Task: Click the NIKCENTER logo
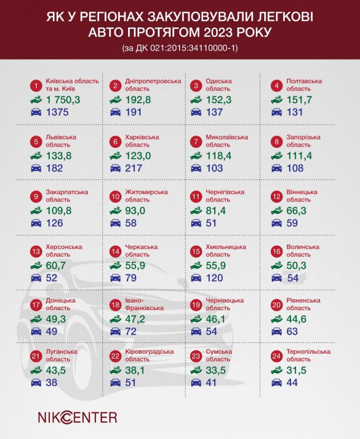[x=77, y=417]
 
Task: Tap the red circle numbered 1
[x=35, y=86]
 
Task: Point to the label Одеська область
[x=218, y=84]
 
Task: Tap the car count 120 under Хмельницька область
[x=214, y=278]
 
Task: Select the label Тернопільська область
[x=308, y=356]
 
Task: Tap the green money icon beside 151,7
[x=277, y=100]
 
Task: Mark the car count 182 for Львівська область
[x=54, y=168]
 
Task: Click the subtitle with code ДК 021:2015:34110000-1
[x=180, y=48]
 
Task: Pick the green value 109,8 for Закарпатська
[x=58, y=211]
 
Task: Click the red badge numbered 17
[x=35, y=305]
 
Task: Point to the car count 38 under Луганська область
[x=50, y=382]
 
